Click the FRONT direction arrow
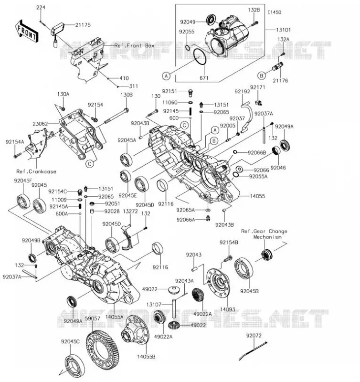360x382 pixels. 26,31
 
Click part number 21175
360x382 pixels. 83,25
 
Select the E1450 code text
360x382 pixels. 274,12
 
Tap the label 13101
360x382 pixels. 283,30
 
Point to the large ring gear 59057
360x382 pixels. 103,351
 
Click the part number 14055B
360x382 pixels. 146,356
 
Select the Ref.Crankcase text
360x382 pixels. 36,171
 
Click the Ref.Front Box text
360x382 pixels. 134,45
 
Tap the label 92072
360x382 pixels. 254,336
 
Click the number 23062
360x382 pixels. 40,124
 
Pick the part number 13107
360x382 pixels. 154,305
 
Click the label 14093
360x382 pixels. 228,309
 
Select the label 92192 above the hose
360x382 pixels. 243,91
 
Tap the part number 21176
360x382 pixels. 280,80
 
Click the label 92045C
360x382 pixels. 70,341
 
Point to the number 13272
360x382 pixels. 130,211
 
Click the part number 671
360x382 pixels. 204,78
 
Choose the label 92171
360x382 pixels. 258,87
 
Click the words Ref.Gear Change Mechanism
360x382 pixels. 265,234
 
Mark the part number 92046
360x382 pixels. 278,168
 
